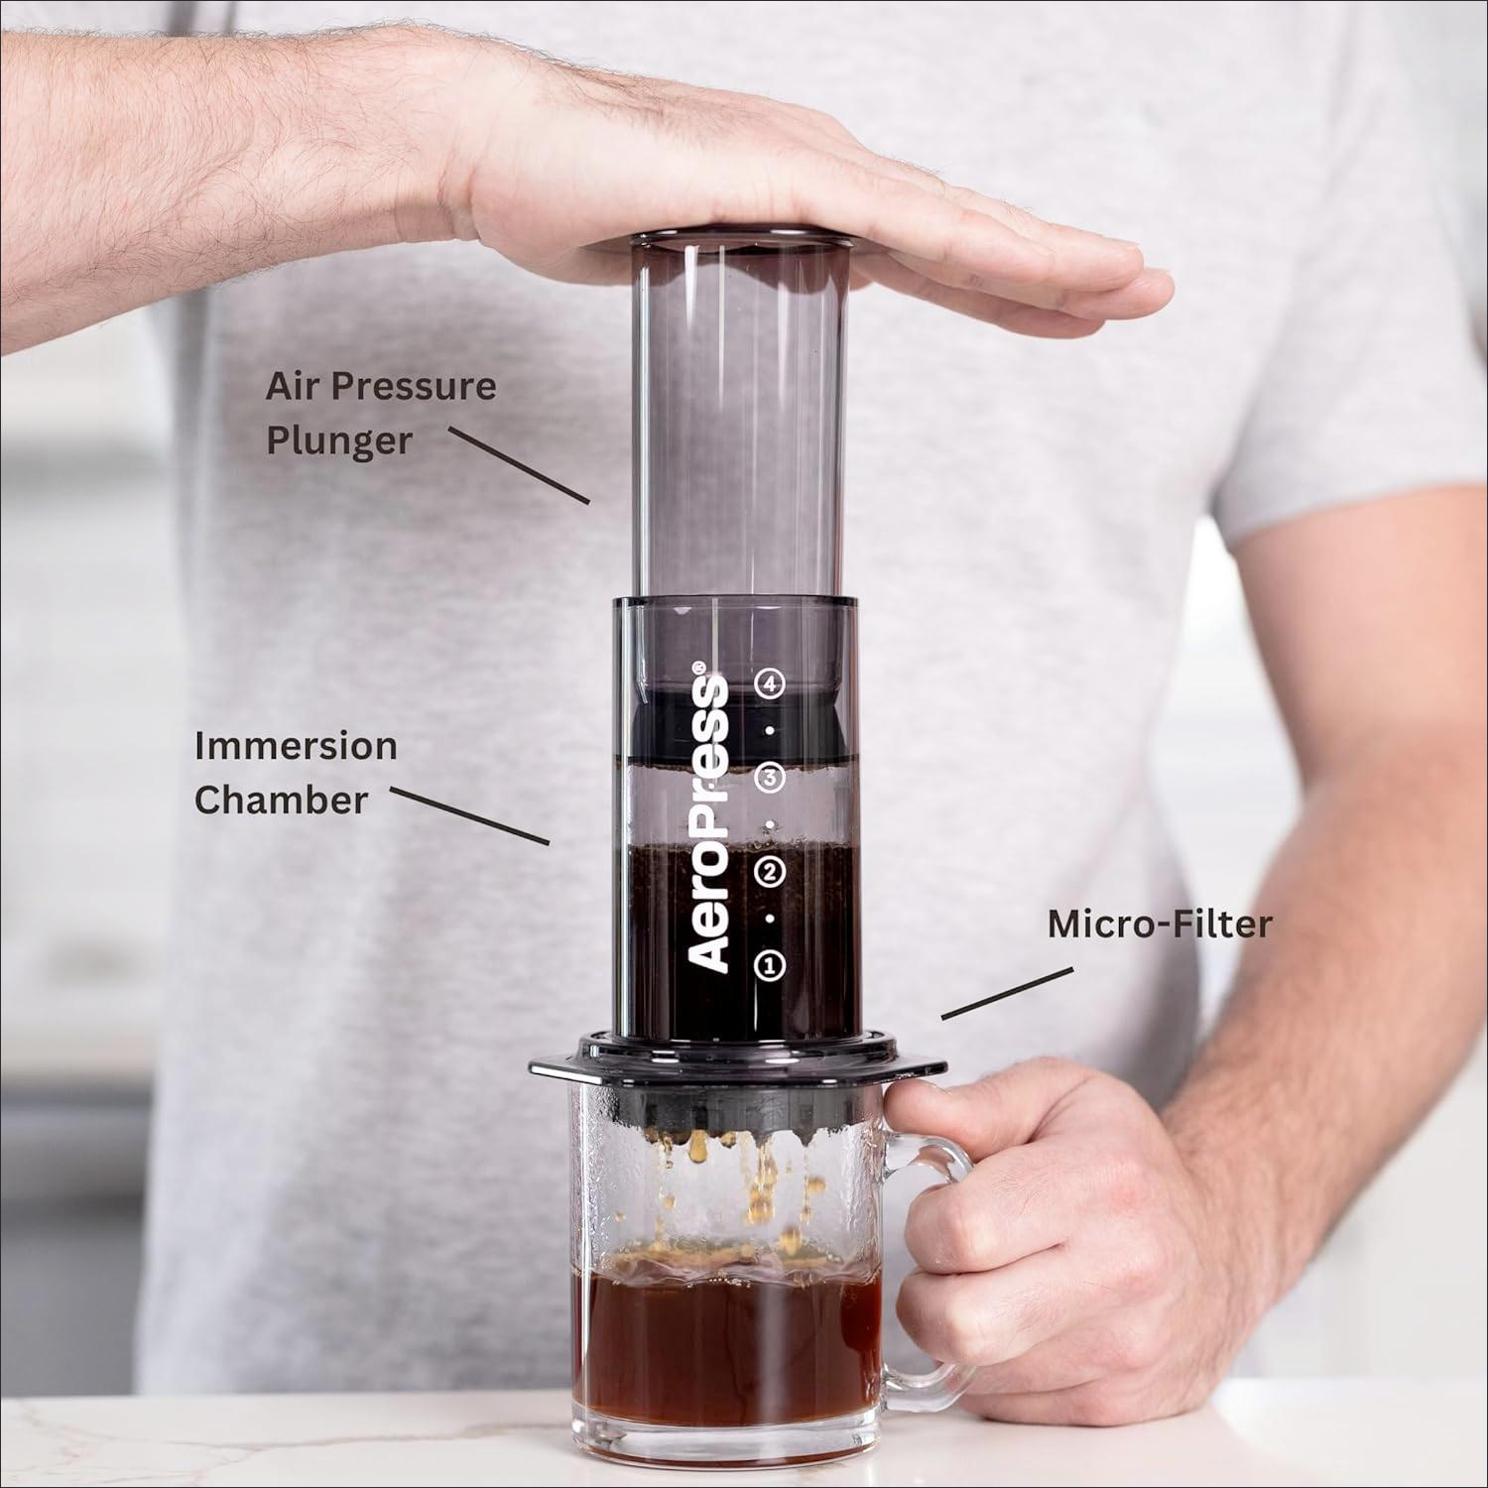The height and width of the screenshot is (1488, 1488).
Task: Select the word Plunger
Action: tap(339, 441)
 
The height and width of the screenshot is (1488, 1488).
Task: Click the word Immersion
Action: tap(296, 745)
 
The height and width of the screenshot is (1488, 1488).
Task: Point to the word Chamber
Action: tap(281, 800)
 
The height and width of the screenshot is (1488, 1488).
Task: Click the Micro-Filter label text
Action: tap(1160, 925)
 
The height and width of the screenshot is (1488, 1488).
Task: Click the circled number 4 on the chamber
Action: tap(770, 683)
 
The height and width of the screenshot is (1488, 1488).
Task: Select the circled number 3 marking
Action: tap(770, 778)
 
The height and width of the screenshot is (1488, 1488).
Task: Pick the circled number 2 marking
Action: tap(770, 872)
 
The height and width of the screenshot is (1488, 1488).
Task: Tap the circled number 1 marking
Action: tap(770, 964)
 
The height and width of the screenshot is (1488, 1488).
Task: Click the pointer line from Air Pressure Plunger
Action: tap(519, 464)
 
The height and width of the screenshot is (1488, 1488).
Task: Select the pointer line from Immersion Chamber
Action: tap(469, 816)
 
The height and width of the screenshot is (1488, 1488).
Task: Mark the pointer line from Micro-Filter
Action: tap(1007, 993)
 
